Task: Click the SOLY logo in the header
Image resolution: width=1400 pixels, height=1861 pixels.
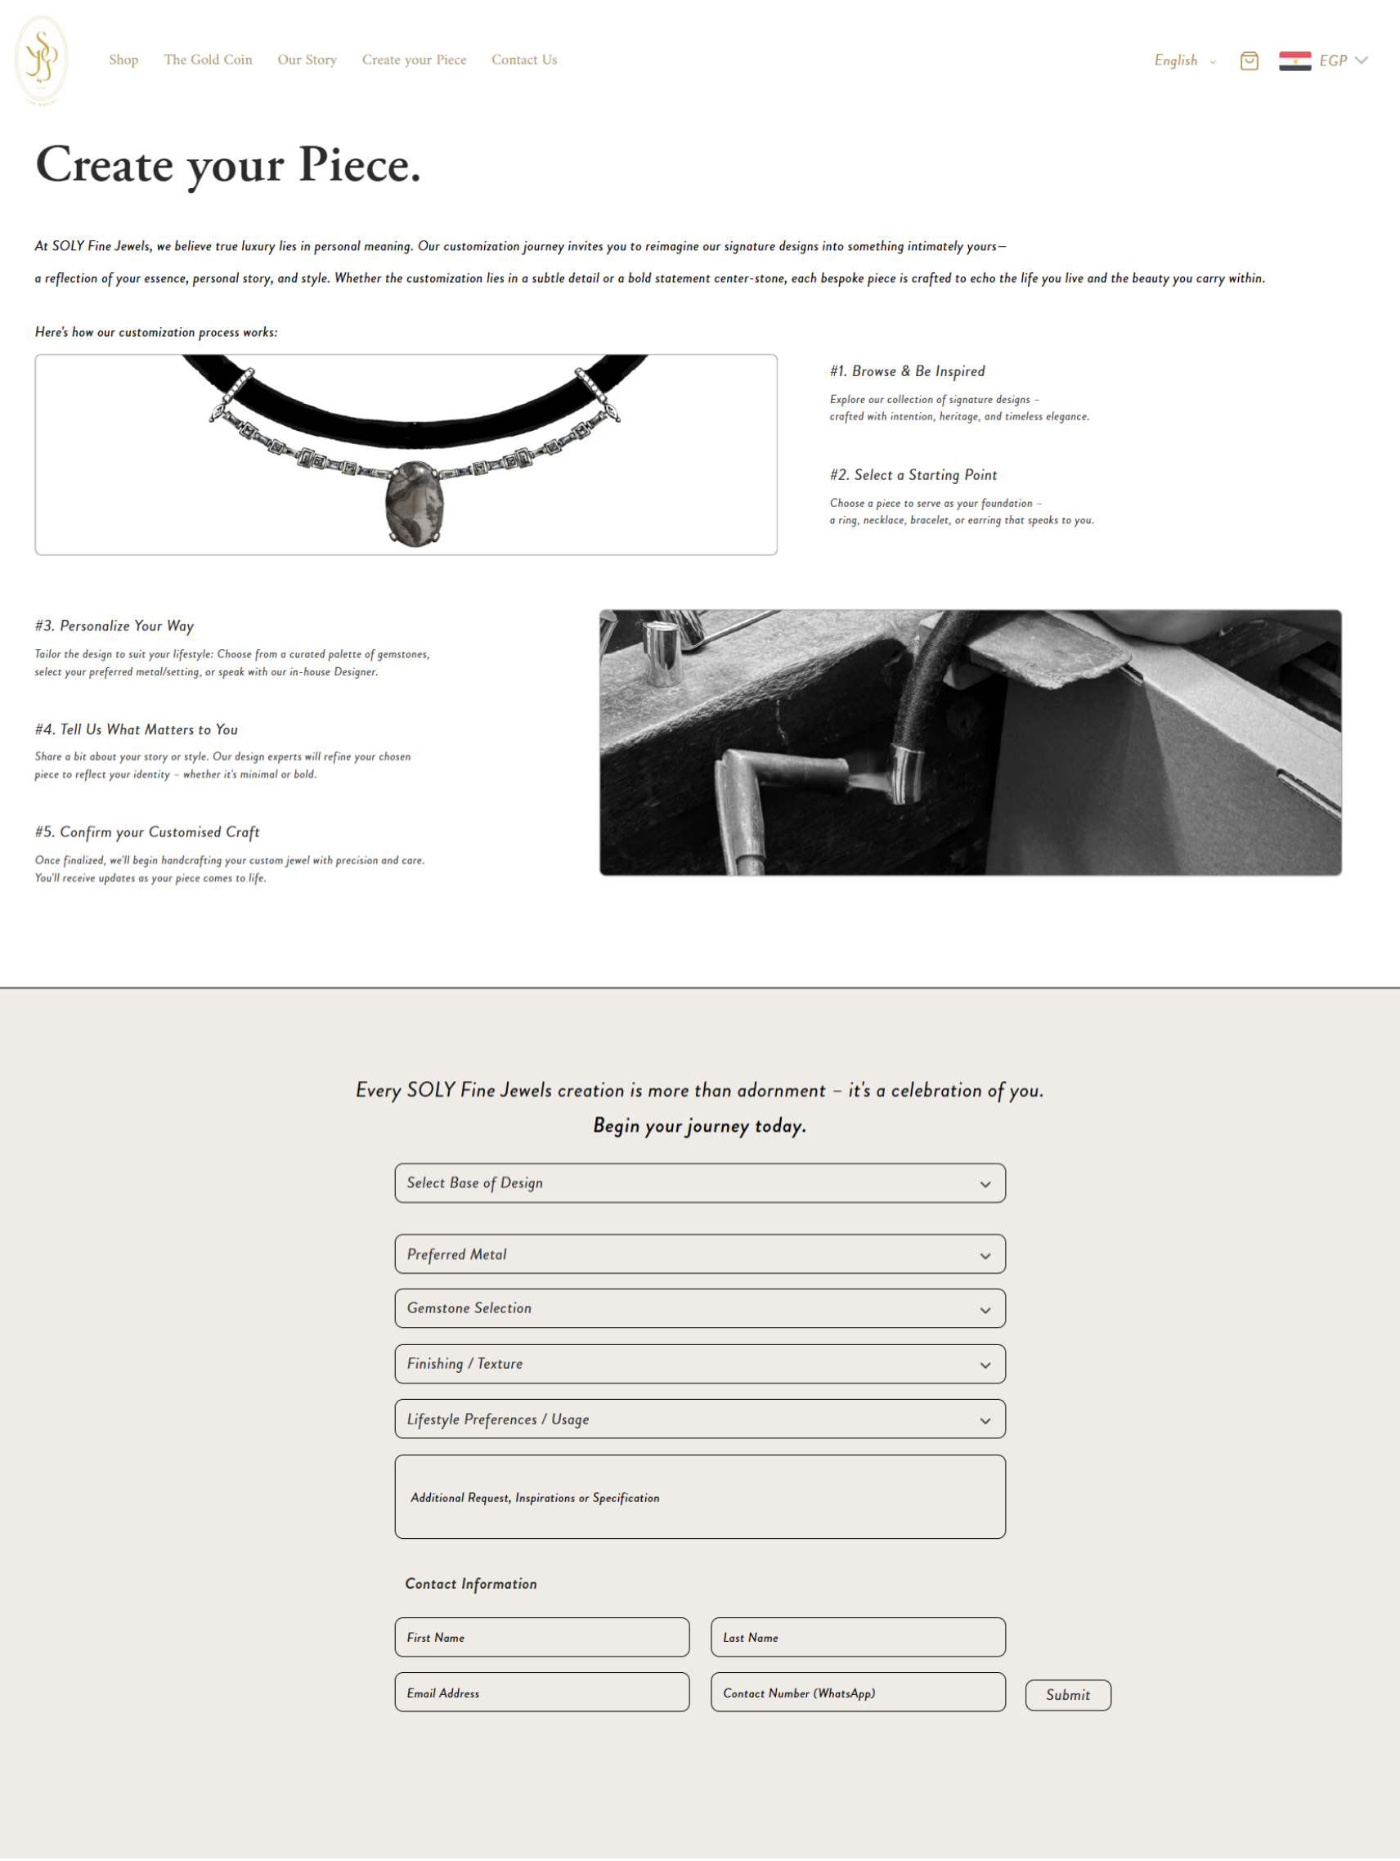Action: click(41, 60)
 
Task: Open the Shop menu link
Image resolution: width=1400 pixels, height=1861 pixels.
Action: click(123, 60)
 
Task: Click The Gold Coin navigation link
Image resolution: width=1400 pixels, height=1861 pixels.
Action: click(208, 60)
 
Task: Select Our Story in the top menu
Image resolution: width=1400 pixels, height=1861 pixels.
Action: click(307, 60)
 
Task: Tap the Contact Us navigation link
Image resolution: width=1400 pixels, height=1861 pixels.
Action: click(524, 60)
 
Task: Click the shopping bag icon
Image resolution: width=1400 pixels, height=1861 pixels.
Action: click(1250, 61)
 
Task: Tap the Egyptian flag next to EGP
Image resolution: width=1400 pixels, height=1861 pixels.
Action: click(1295, 61)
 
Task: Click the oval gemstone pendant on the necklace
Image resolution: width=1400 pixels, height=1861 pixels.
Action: click(414, 503)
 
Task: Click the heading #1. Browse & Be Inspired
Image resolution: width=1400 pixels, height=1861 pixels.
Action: click(907, 371)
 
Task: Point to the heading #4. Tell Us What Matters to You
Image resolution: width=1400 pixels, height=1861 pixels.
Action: click(137, 729)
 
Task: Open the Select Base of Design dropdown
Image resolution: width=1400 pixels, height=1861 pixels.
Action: click(700, 1183)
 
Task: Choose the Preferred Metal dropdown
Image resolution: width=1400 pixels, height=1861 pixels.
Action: click(700, 1254)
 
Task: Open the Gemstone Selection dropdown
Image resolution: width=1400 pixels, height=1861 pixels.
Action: click(700, 1308)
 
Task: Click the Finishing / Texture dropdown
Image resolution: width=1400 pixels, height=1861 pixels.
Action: click(700, 1364)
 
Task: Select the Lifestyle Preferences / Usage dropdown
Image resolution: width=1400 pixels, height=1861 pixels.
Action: click(700, 1419)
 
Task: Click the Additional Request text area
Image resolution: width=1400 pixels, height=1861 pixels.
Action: click(700, 1498)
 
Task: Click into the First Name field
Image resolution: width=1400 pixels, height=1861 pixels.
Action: click(542, 1637)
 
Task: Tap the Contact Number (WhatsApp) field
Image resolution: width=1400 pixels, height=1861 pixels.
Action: click(857, 1693)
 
